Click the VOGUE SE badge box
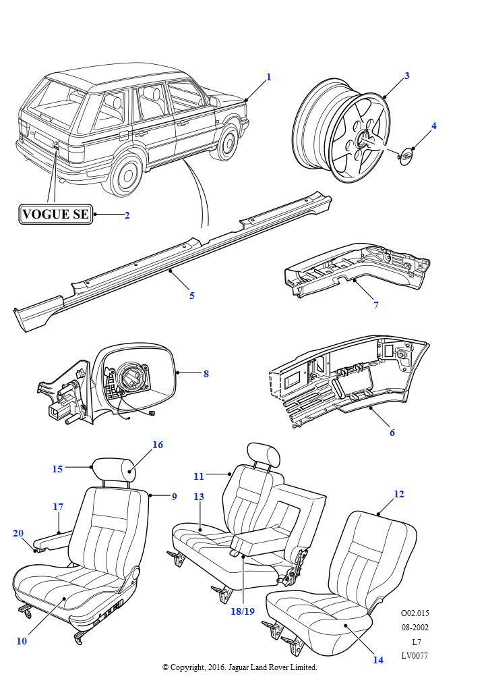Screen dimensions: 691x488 [56, 215]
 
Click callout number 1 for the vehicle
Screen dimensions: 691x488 [268, 77]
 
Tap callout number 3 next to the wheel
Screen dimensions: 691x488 [406, 76]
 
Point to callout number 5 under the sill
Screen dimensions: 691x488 [192, 296]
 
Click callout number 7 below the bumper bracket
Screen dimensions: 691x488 [376, 305]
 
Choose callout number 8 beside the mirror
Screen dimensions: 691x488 [206, 373]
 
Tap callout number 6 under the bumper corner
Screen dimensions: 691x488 [392, 433]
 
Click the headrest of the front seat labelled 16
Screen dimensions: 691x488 [119, 468]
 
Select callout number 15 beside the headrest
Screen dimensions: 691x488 [57, 468]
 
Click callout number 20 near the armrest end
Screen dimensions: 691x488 [18, 533]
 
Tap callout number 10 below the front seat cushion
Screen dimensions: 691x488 [22, 641]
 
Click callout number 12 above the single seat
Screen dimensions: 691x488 [399, 494]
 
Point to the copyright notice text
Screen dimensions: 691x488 [239, 667]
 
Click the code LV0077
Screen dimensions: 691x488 [415, 655]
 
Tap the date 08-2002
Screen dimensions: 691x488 [415, 628]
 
